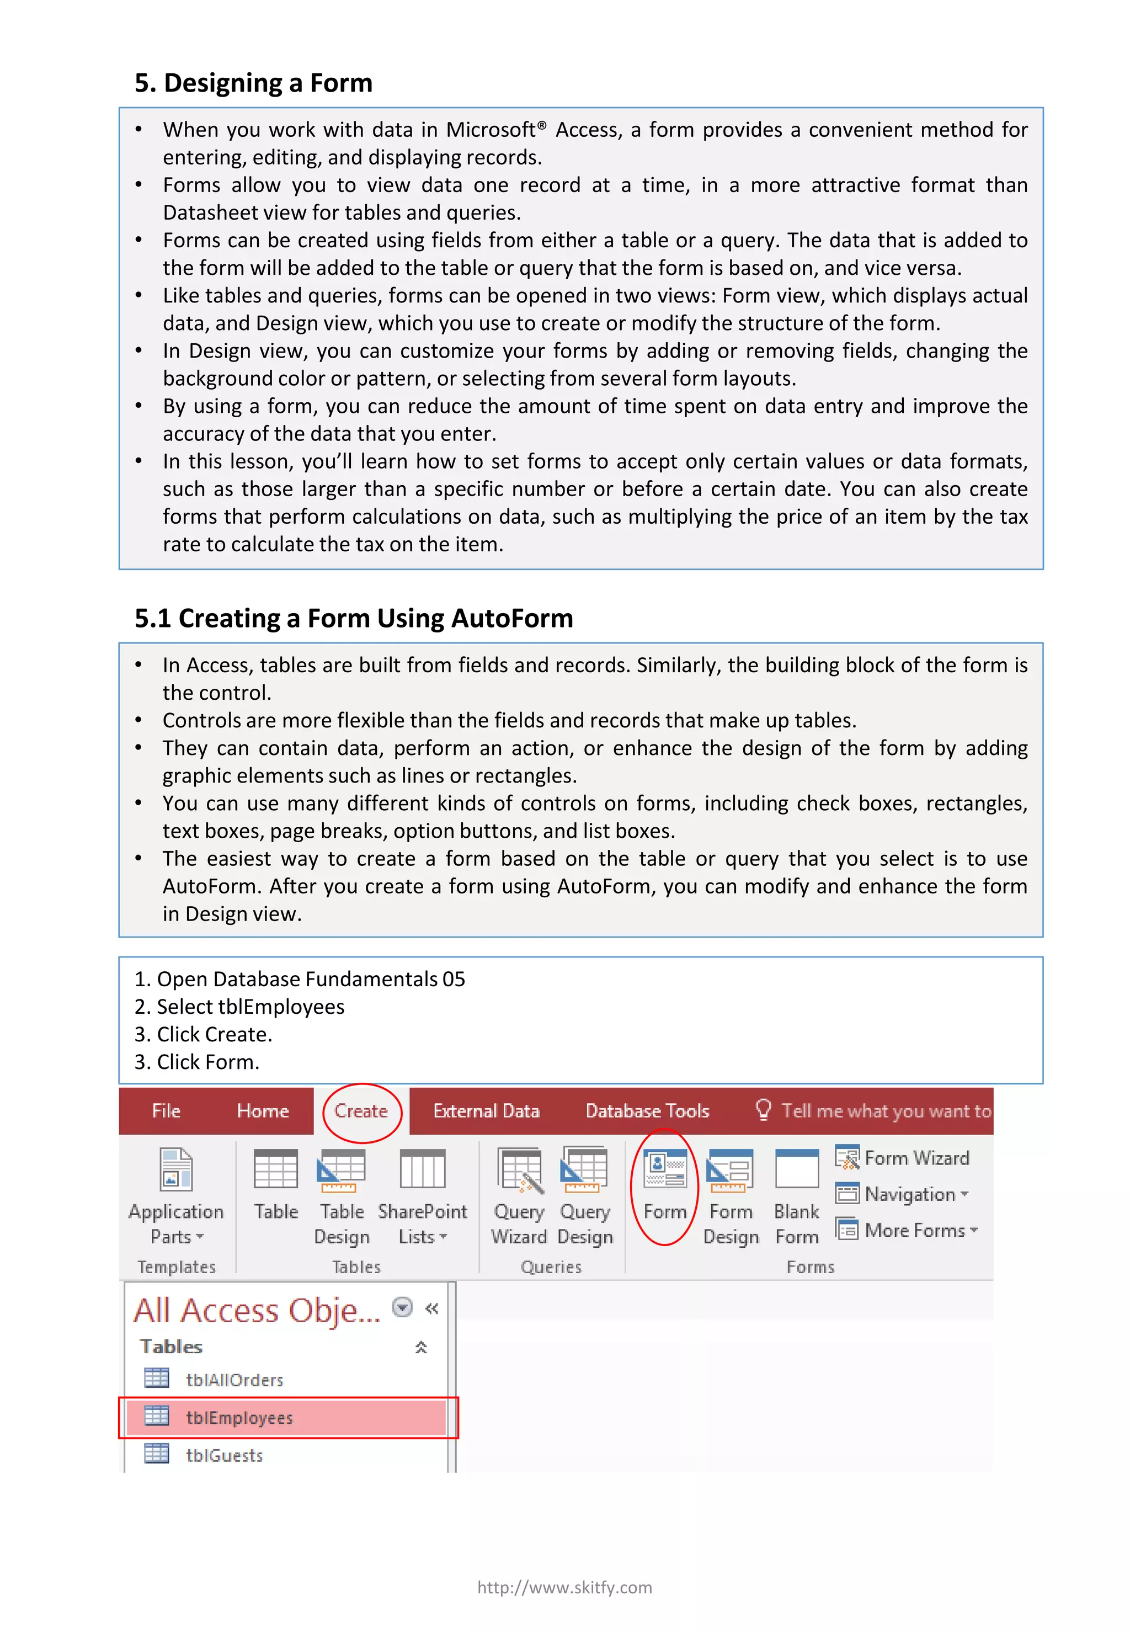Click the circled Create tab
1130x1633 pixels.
point(361,1110)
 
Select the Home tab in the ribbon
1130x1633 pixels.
point(263,1110)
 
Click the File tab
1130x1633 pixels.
point(167,1110)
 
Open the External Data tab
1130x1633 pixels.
point(487,1110)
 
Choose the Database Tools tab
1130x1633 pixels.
point(647,1110)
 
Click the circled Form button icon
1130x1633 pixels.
point(664,1169)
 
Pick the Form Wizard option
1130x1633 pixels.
point(903,1158)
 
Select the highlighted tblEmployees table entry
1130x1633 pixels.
point(239,1417)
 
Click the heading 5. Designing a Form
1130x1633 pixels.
point(253,83)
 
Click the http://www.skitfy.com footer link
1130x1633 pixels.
point(564,1587)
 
